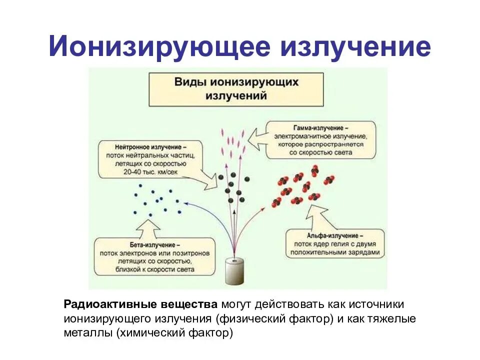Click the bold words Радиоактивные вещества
pos(140,305)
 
